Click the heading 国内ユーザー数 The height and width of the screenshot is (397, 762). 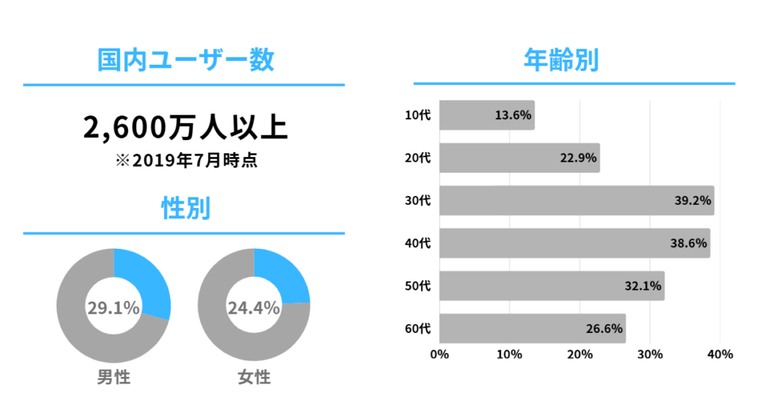185,60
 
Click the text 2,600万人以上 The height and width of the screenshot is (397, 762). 185,127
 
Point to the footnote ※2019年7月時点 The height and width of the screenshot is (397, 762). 185,161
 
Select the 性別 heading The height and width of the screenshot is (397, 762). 185,209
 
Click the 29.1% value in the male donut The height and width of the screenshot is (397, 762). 113,307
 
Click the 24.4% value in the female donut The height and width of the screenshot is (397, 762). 253,307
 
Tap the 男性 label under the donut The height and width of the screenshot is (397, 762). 113,377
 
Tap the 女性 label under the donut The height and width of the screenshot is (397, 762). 254,377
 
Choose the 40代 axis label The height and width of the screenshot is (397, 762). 417,243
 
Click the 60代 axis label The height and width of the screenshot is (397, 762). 417,328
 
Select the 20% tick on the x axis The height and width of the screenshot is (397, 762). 580,355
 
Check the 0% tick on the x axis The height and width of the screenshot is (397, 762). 439,355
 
